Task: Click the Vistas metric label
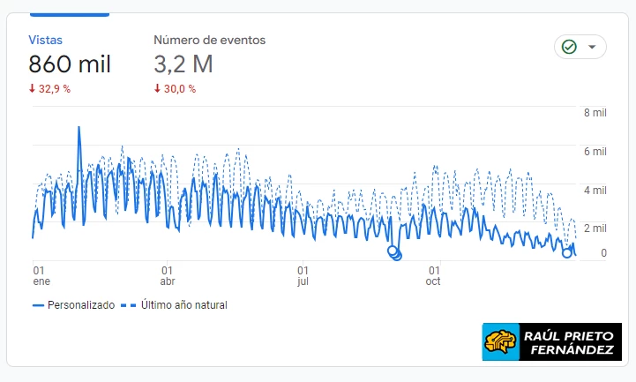pyautogui.click(x=45, y=40)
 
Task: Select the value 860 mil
pyautogui.click(x=69, y=64)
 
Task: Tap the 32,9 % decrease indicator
pyautogui.click(x=49, y=88)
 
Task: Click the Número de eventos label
pyautogui.click(x=209, y=40)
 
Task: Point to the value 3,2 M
pyautogui.click(x=183, y=64)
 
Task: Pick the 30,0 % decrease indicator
pyautogui.click(x=175, y=88)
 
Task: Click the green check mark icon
pyautogui.click(x=569, y=47)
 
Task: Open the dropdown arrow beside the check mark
pyautogui.click(x=592, y=47)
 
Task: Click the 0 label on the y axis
pyautogui.click(x=603, y=253)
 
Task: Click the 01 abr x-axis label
pyautogui.click(x=167, y=275)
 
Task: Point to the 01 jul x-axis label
pyautogui.click(x=303, y=275)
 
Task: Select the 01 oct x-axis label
pyautogui.click(x=434, y=275)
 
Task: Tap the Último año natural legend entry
pyautogui.click(x=175, y=305)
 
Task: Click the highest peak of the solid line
pyautogui.click(x=79, y=127)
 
